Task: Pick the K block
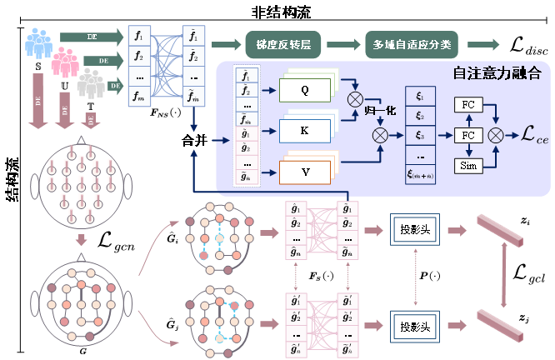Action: point(304,131)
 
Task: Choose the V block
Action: point(304,171)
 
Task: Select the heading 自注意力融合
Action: point(497,73)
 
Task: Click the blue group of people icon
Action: point(38,42)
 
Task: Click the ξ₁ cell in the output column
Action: point(421,97)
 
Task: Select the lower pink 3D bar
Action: point(500,326)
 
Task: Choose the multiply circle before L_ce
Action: point(497,133)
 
